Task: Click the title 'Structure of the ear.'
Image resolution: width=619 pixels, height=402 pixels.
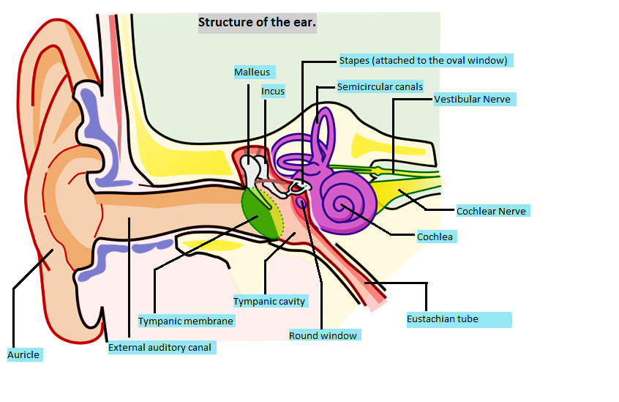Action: [257, 23]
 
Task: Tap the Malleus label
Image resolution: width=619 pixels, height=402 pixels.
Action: [252, 72]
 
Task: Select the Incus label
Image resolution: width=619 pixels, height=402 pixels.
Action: [273, 92]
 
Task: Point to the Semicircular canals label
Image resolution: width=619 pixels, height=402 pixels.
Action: [380, 86]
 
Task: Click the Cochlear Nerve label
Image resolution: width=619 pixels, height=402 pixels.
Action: [491, 211]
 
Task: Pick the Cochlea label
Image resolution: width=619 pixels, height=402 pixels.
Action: [435, 237]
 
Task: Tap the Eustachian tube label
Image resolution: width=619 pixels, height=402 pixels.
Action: [443, 319]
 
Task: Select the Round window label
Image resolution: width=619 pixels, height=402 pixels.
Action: [323, 335]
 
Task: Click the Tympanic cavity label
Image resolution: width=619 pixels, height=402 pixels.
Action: [269, 301]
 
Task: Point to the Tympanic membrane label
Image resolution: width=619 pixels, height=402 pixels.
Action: [186, 321]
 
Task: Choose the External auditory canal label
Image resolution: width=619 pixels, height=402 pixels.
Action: [160, 348]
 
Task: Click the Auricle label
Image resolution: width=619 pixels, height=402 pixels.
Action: [23, 354]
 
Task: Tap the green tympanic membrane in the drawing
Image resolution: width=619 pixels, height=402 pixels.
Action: [260, 212]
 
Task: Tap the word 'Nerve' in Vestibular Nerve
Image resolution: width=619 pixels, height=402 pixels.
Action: [495, 99]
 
